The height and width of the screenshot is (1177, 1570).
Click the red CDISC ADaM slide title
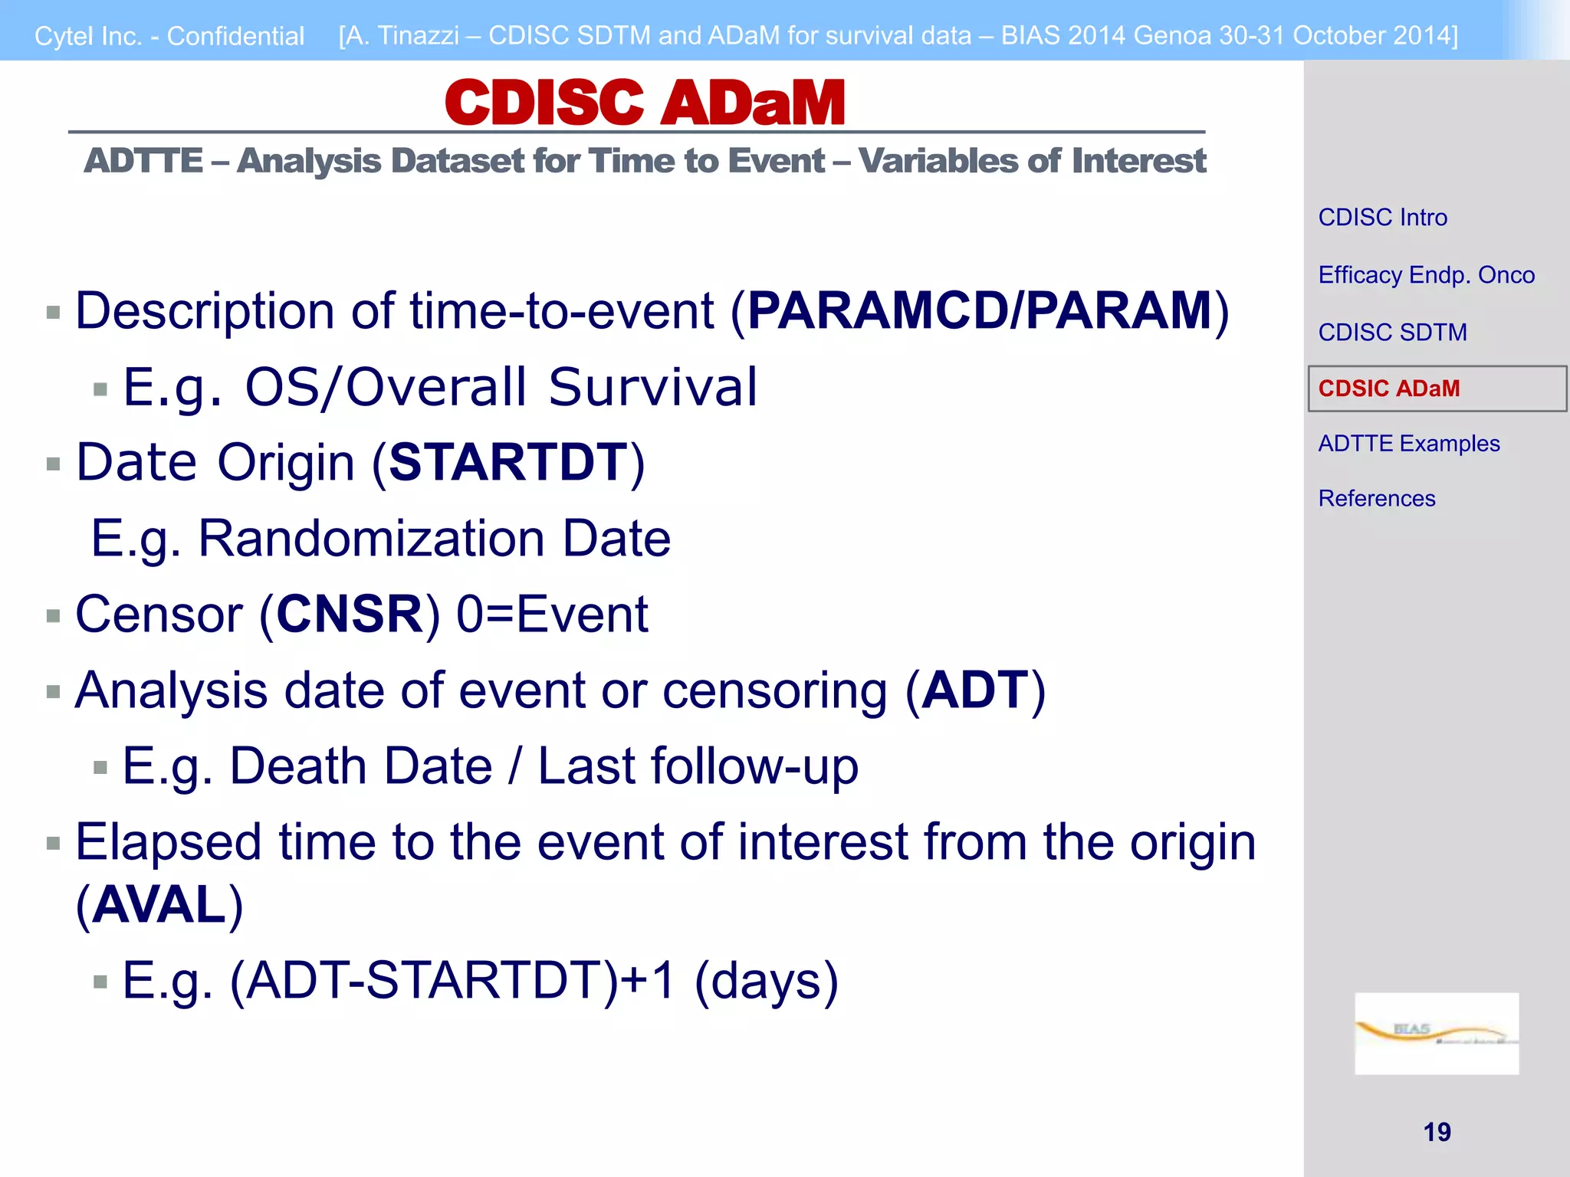(644, 103)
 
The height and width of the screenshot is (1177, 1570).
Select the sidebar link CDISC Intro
(1382, 218)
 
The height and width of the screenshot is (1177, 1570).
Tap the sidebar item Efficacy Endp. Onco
(1426, 275)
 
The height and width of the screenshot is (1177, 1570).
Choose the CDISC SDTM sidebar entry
(1392, 333)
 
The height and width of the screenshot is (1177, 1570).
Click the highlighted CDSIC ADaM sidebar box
(1436, 389)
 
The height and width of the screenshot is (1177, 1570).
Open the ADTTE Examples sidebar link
(1408, 444)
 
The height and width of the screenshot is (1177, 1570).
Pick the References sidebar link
(1376, 499)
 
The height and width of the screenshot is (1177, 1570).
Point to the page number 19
(1437, 1132)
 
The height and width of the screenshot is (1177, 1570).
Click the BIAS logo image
(1436, 1033)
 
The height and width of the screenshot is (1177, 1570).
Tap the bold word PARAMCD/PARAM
(979, 311)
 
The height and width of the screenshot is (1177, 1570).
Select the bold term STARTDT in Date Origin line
(508, 463)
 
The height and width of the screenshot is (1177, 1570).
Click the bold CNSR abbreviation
(349, 615)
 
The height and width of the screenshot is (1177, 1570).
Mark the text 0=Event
(552, 615)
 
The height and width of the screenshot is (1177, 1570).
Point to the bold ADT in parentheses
(974, 690)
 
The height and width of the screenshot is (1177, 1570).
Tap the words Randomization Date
(434, 539)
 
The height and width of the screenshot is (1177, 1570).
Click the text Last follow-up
(697, 766)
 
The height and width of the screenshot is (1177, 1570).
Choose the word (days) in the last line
(766, 981)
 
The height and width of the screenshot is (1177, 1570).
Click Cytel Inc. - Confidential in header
(169, 36)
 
